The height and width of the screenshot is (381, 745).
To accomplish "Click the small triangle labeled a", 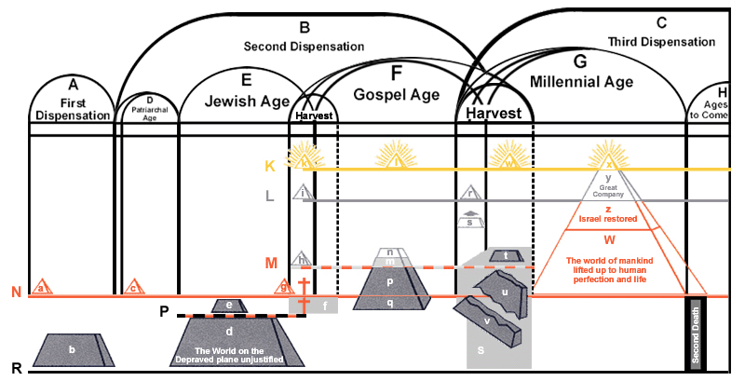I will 40,287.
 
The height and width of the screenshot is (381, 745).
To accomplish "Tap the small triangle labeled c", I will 134,287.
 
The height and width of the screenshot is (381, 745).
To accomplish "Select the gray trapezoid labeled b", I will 73,349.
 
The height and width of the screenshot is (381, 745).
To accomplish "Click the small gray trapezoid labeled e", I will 229,305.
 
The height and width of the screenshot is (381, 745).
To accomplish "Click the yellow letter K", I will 270,166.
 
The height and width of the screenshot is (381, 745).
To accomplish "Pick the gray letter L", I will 270,197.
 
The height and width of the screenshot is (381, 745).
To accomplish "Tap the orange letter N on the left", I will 16,293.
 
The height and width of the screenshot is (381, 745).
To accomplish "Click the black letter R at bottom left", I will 16,370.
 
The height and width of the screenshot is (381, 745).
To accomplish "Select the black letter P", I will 164,311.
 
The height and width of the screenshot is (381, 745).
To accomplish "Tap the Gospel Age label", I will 398,94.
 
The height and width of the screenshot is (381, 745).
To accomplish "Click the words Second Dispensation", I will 304,46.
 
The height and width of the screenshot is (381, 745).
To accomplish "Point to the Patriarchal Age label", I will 150,115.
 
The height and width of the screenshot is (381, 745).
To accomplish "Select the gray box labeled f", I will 324,305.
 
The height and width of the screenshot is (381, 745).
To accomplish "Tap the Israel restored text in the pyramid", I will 607,219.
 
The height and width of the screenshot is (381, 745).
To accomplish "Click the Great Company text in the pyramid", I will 608,190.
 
